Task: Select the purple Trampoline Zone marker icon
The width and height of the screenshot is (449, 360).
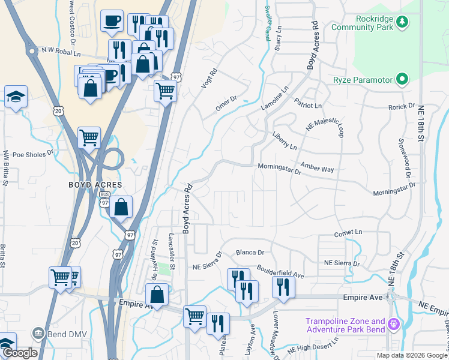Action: coord(393,325)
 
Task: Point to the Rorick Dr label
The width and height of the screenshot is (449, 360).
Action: coord(402,107)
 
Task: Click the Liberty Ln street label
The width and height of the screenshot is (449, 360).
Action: coord(285,142)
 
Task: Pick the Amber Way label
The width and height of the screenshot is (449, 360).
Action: coord(317,168)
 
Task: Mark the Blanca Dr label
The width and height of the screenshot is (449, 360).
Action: coord(250,253)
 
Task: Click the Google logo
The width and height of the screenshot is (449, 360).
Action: coord(19,353)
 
